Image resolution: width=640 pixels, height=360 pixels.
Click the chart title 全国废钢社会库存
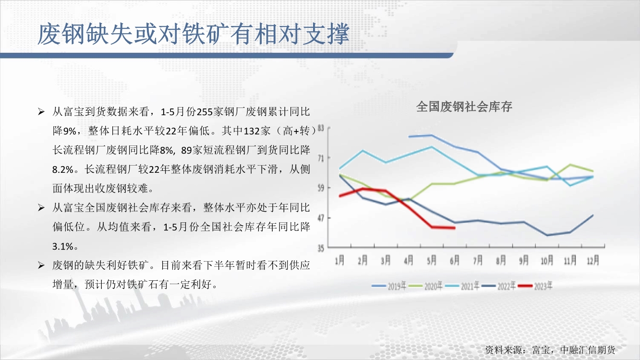[x=464, y=107]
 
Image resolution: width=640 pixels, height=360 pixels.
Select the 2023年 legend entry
[x=535, y=286]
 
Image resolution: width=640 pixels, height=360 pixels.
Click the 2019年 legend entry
[x=389, y=286]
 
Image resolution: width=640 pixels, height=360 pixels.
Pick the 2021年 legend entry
[x=462, y=286]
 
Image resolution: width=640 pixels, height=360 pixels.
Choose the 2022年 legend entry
[x=498, y=286]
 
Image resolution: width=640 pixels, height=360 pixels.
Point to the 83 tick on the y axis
[x=321, y=128]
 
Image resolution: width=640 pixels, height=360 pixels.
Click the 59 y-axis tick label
[x=321, y=188]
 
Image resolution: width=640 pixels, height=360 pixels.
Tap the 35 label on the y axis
[x=321, y=249]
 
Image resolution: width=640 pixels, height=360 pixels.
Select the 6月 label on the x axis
[x=455, y=260]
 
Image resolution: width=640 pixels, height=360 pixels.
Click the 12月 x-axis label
[x=593, y=260]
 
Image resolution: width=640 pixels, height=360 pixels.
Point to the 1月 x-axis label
[x=339, y=260]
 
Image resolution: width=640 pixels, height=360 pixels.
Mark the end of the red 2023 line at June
[x=455, y=228]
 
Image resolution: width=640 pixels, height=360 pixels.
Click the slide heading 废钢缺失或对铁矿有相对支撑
[x=193, y=34]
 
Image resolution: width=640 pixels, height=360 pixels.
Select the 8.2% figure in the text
[x=63, y=170]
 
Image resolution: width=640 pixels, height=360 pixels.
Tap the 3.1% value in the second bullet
[x=63, y=246]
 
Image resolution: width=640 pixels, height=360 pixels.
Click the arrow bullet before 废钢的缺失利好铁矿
[x=41, y=265]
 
